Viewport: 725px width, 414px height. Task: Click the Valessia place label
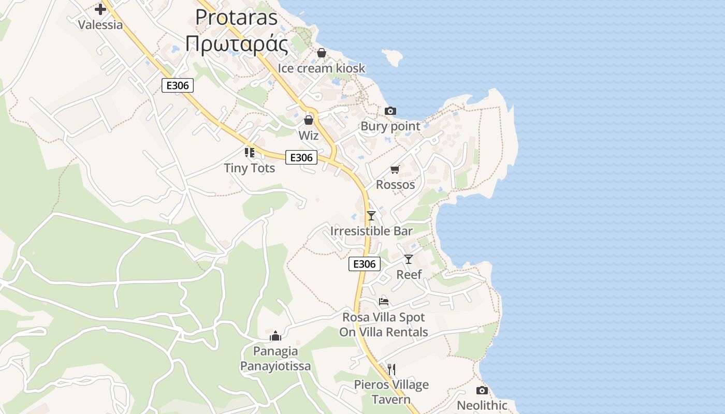pyautogui.click(x=100, y=25)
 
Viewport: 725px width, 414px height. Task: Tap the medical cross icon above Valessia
pyautogui.click(x=100, y=9)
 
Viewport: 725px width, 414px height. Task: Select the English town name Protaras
pyautogui.click(x=236, y=18)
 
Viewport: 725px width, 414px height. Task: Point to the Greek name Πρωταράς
pyautogui.click(x=236, y=44)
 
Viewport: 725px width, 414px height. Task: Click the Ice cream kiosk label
pyautogui.click(x=321, y=68)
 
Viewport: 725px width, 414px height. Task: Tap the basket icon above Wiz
pyautogui.click(x=309, y=121)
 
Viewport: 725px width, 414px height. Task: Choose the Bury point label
pyautogui.click(x=390, y=126)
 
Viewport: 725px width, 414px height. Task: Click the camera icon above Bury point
pyautogui.click(x=390, y=111)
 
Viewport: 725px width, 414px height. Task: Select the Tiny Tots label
pyautogui.click(x=249, y=168)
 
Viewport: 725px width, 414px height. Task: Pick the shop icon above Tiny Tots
pyautogui.click(x=249, y=152)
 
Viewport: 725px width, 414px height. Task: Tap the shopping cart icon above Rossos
pyautogui.click(x=395, y=169)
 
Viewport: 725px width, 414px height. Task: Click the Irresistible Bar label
pyautogui.click(x=371, y=231)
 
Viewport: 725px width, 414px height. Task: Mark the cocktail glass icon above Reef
pyautogui.click(x=409, y=259)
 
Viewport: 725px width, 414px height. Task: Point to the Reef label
pyautogui.click(x=409, y=275)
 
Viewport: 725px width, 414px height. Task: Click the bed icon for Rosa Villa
pyautogui.click(x=383, y=301)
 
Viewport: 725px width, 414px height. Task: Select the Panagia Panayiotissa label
pyautogui.click(x=275, y=359)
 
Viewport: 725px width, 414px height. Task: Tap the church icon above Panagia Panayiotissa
pyautogui.click(x=275, y=336)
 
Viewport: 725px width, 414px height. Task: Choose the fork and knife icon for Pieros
pyautogui.click(x=392, y=369)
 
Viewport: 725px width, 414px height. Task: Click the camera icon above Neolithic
pyautogui.click(x=482, y=390)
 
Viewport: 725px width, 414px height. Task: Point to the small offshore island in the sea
pyautogui.click(x=393, y=57)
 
